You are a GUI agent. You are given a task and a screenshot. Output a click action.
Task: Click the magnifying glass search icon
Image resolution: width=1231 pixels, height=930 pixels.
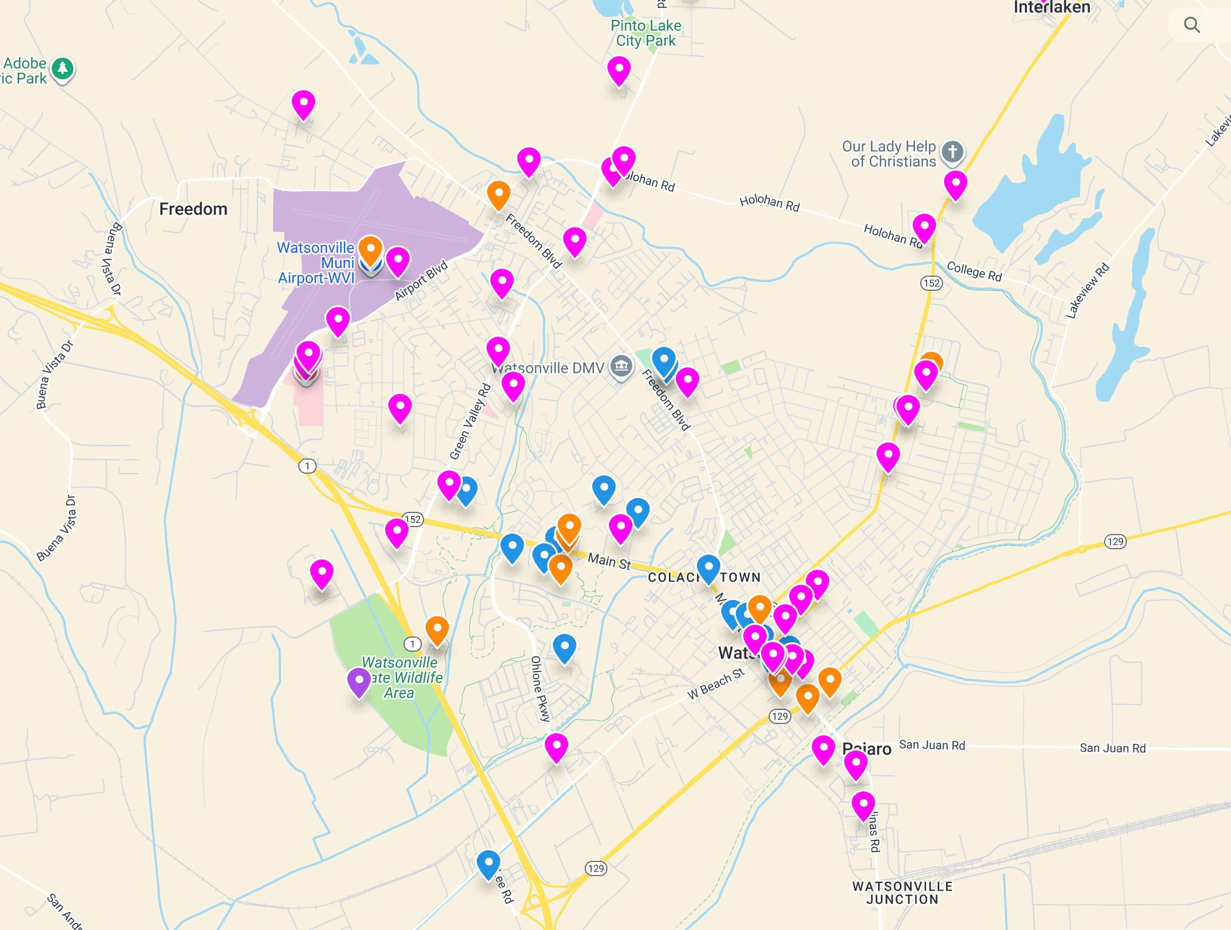[1192, 25]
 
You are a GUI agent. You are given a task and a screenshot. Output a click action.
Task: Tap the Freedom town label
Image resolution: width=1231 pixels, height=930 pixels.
[193, 209]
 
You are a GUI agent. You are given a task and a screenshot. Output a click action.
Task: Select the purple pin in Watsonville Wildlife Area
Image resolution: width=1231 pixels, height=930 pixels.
[359, 681]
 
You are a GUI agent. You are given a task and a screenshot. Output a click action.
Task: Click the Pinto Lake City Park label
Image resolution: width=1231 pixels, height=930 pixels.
[646, 33]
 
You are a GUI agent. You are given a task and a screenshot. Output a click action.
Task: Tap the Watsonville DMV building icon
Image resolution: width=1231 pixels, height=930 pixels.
[621, 366]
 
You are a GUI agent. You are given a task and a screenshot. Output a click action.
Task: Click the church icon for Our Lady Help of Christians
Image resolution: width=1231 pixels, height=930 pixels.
[952, 152]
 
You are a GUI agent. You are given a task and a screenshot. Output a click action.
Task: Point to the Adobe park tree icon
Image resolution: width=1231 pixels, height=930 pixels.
[63, 69]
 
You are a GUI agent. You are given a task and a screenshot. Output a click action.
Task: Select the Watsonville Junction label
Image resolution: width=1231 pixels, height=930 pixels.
[902, 893]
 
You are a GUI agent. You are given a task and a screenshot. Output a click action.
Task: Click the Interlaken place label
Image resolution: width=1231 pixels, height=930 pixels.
[1051, 8]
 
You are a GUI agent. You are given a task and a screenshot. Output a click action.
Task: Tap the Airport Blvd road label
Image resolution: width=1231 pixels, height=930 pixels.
[421, 281]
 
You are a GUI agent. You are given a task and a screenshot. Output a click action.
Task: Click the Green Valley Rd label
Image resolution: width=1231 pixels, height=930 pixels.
[470, 421]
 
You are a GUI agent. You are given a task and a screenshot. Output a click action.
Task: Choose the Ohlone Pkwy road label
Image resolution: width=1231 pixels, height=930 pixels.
[540, 688]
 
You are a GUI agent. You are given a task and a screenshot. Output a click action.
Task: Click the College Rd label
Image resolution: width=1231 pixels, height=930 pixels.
[974, 271]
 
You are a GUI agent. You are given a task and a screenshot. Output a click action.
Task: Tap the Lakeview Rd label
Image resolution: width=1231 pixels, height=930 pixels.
[1088, 291]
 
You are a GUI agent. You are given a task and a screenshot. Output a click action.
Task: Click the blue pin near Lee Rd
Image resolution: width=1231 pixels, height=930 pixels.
[488, 863]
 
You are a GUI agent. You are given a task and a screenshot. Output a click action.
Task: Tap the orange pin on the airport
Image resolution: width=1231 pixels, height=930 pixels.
[370, 249]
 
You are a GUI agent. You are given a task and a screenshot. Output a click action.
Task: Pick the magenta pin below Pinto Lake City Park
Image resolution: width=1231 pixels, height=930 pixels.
[619, 70]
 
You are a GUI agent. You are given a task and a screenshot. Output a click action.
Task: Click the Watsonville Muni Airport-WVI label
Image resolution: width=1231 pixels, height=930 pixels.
[316, 263]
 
